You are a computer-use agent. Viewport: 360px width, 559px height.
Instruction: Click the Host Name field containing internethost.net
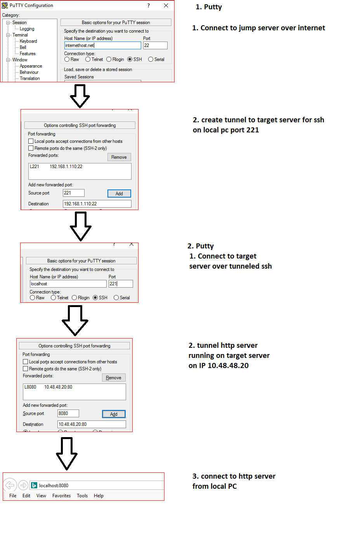click(102, 45)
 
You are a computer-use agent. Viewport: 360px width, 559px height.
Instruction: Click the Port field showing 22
click(155, 45)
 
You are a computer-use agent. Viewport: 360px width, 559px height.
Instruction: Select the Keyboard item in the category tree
click(28, 41)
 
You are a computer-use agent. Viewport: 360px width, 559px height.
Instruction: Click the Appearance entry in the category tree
click(31, 66)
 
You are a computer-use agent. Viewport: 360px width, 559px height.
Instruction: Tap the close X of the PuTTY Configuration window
click(166, 5)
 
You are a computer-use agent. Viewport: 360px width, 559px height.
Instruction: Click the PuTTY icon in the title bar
click(5, 5)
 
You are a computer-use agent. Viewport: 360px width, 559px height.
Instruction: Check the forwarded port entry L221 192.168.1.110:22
click(56, 167)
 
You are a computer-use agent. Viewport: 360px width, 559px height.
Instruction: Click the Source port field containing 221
click(74, 193)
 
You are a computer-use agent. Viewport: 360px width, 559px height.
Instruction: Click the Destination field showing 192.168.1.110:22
click(97, 204)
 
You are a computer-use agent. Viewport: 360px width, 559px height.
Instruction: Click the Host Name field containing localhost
click(68, 284)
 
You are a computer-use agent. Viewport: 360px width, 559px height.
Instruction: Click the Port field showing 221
click(121, 284)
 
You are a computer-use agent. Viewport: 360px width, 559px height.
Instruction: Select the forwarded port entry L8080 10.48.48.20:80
click(48, 387)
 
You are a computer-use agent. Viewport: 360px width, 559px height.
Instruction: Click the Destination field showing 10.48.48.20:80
click(92, 424)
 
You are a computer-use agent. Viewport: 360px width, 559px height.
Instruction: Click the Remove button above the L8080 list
click(114, 378)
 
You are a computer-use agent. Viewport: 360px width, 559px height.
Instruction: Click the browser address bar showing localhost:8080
click(97, 485)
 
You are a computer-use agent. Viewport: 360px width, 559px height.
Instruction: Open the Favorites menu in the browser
click(61, 496)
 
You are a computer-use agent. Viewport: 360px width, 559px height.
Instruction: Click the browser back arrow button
click(10, 485)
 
